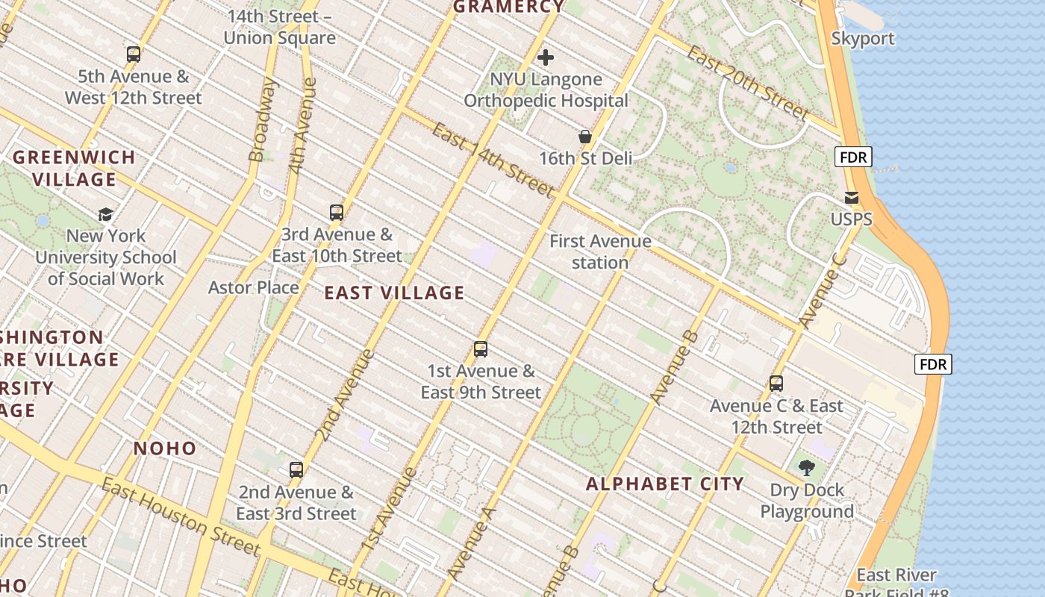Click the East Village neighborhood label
pyautogui.click(x=394, y=293)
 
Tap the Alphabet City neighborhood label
pyautogui.click(x=664, y=484)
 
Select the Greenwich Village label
pyautogui.click(x=74, y=168)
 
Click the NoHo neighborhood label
pyautogui.click(x=165, y=448)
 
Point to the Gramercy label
pyautogui.click(x=509, y=7)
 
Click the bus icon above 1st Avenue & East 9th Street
pyautogui.click(x=481, y=349)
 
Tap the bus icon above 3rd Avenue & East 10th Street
pyautogui.click(x=337, y=213)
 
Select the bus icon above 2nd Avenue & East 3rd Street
pyautogui.click(x=296, y=470)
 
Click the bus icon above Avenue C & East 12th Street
pyautogui.click(x=776, y=384)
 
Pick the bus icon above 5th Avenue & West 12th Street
pyautogui.click(x=134, y=54)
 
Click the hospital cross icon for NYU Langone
pyautogui.click(x=546, y=57)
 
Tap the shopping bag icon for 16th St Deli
pyautogui.click(x=585, y=137)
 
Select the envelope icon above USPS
pyautogui.click(x=852, y=198)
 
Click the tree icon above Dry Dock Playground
pyautogui.click(x=806, y=468)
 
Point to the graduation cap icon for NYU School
pyautogui.click(x=106, y=214)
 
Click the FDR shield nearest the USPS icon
pyautogui.click(x=852, y=157)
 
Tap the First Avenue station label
pyautogui.click(x=600, y=251)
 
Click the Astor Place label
pyautogui.click(x=253, y=287)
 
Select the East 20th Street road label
pyautogui.click(x=747, y=83)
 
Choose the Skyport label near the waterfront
pyautogui.click(x=863, y=39)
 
